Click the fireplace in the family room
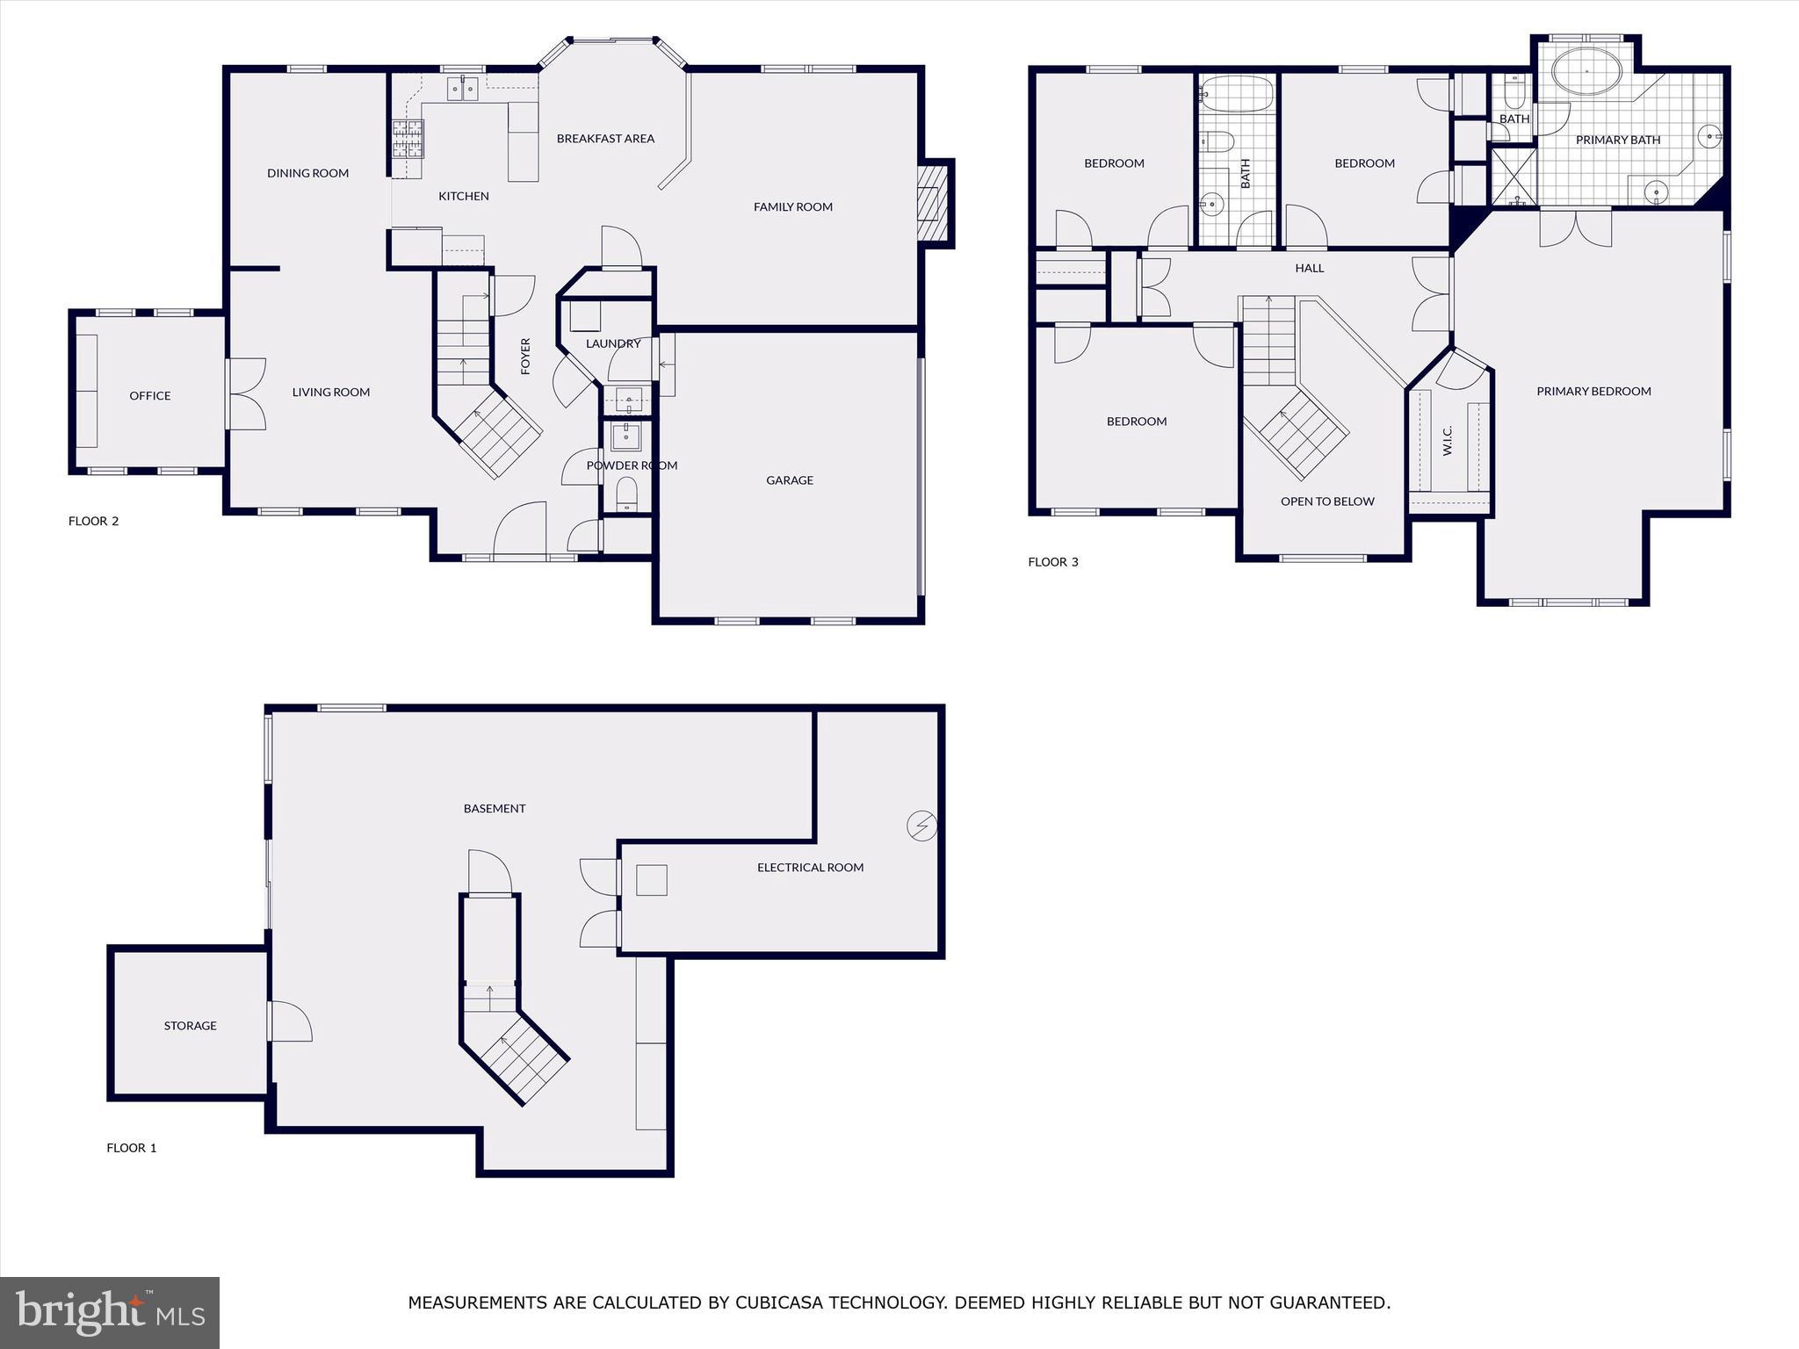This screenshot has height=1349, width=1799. pos(933,205)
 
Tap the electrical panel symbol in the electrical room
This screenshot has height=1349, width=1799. pos(921,826)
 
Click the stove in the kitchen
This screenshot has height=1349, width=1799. pos(407,138)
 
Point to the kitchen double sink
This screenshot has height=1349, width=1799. pos(462,88)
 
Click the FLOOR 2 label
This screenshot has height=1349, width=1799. pos(93,521)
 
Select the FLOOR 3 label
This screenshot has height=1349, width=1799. pos(1052,562)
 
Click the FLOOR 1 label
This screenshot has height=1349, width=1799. pos(132,1148)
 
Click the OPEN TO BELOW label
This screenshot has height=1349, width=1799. pos(1326,501)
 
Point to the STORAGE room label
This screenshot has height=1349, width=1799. pos(190,1026)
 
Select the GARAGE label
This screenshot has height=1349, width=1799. pos(789,480)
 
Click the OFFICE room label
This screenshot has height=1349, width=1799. pos(150,396)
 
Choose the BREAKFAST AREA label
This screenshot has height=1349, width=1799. pos(605,139)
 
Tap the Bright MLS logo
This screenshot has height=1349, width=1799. pos(110,1312)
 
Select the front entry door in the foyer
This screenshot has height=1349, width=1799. pos(520,530)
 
